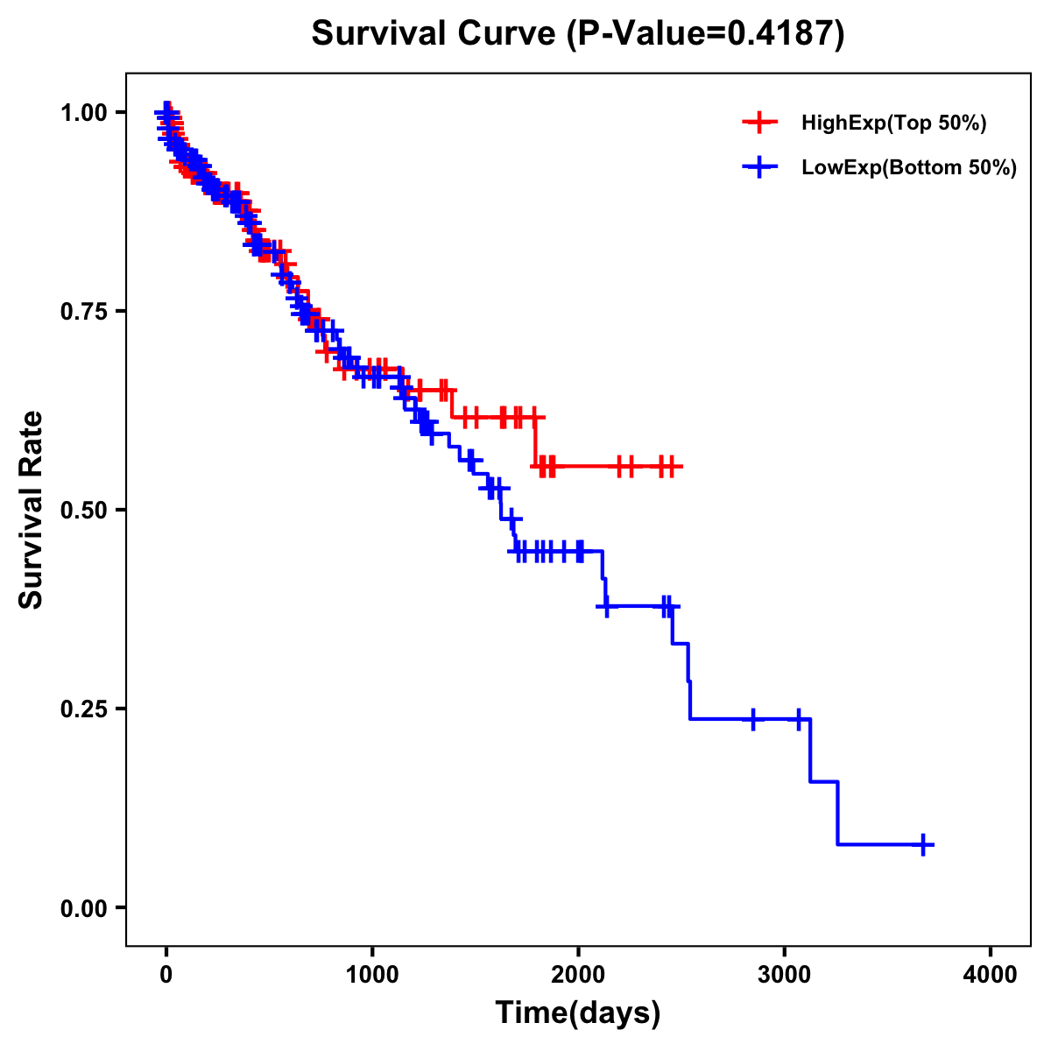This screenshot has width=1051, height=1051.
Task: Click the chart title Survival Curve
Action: [x=434, y=34]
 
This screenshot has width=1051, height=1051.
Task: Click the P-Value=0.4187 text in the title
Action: [x=705, y=34]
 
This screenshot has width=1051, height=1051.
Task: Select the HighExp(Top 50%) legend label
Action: [x=894, y=123]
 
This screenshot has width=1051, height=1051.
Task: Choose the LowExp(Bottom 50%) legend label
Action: [x=909, y=168]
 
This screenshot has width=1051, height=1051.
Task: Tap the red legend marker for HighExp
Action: [x=760, y=123]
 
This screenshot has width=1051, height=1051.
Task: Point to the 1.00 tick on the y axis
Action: [x=83, y=112]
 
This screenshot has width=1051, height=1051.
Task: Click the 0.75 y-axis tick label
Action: [x=83, y=311]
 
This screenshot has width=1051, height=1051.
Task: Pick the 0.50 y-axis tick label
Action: [x=83, y=510]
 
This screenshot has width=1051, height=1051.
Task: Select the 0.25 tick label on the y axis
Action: [x=83, y=709]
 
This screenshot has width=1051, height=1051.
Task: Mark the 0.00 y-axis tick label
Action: [x=83, y=907]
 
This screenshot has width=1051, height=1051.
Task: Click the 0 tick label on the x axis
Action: [x=166, y=974]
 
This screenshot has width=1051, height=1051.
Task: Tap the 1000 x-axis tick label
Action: [x=372, y=974]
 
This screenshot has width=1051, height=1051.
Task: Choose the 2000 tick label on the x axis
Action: [x=578, y=974]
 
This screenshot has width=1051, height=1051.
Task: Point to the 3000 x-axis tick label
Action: [x=785, y=974]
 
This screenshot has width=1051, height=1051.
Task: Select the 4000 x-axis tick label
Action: [x=991, y=974]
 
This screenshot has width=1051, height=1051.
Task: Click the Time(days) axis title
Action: [x=578, y=1013]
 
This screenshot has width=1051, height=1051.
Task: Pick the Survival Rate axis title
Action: [x=32, y=510]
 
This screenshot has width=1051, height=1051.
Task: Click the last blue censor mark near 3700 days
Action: [x=923, y=844]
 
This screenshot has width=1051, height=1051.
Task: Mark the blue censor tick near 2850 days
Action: [x=752, y=719]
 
